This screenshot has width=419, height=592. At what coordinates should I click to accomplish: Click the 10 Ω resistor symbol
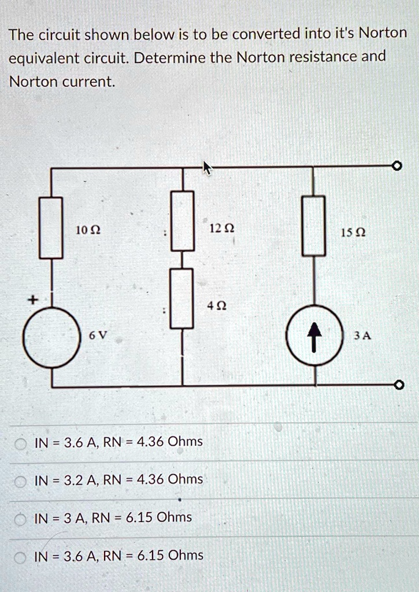pyautogui.click(x=51, y=227)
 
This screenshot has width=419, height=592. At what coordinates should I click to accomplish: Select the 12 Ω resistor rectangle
pyautogui.click(x=182, y=220)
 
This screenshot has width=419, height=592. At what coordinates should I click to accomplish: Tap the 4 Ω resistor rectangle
pyautogui.click(x=182, y=298)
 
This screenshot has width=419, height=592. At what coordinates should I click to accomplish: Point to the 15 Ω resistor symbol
pyautogui.click(x=313, y=225)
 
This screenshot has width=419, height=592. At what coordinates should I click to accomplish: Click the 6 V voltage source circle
pyautogui.click(x=51, y=339)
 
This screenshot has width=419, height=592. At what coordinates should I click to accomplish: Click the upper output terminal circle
pyautogui.click(x=396, y=167)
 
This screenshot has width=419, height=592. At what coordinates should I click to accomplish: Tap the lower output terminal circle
pyautogui.click(x=396, y=385)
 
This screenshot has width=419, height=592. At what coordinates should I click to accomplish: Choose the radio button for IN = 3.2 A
pyautogui.click(x=21, y=480)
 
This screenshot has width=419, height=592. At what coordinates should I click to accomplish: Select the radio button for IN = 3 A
pyautogui.click(x=21, y=518)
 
